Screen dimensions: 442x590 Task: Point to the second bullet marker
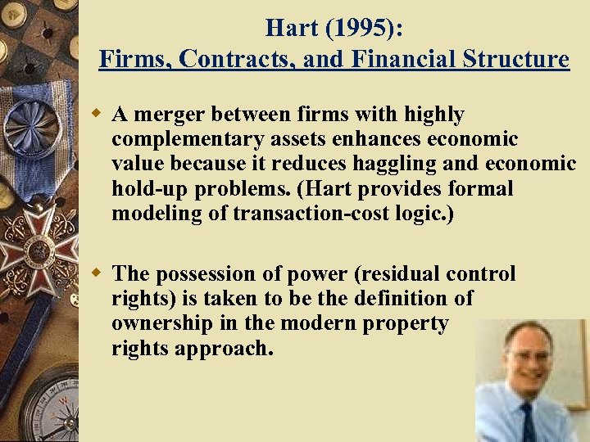click(98, 273)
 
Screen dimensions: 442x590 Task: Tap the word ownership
click(164, 323)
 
